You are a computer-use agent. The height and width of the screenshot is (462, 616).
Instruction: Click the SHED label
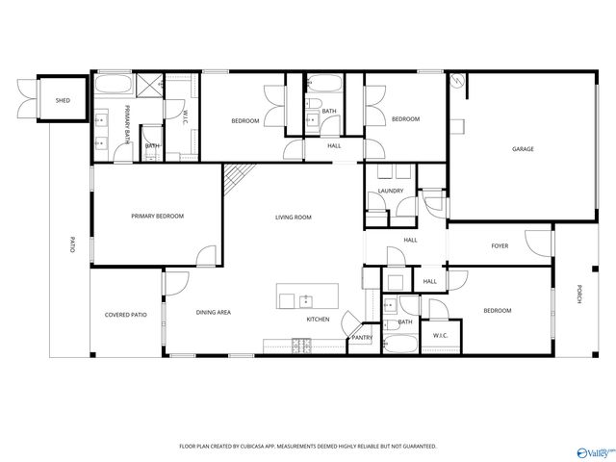63,100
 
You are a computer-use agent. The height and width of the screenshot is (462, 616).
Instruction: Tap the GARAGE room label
523,149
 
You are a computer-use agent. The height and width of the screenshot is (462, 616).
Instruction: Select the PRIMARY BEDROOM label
157,217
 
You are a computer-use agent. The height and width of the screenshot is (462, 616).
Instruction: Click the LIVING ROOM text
294,218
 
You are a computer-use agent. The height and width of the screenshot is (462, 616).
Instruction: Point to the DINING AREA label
213,312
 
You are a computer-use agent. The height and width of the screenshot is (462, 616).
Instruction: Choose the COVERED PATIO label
126,315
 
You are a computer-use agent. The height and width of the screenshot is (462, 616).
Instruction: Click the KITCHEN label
318,319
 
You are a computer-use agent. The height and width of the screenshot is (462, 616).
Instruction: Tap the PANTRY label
362,338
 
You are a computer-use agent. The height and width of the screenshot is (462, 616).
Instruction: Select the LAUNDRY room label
391,191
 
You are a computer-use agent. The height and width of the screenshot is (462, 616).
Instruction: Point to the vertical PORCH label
578,295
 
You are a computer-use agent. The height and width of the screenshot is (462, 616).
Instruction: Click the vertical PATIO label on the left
71,244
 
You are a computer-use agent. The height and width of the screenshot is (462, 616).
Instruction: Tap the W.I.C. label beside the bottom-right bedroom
440,335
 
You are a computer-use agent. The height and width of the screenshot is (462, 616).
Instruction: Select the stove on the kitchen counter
299,344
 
